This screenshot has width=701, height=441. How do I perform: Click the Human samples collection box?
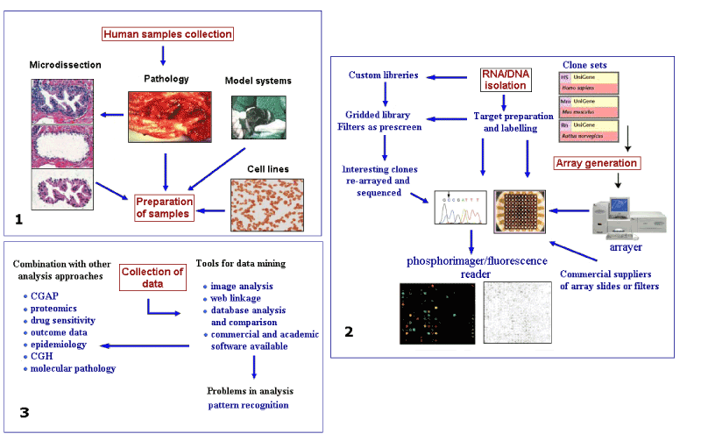pyautogui.click(x=167, y=34)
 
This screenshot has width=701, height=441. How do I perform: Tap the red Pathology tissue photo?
pyautogui.click(x=166, y=118)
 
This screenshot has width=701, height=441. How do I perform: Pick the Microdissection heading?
pyautogui.click(x=65, y=65)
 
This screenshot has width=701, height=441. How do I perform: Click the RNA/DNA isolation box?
pyautogui.click(x=504, y=80)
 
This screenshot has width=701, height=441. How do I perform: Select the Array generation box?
pyautogui.click(x=596, y=162)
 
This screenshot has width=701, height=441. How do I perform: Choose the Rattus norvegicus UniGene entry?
pyautogui.click(x=589, y=132)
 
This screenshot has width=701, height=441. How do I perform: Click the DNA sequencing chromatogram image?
pyautogui.click(x=460, y=209)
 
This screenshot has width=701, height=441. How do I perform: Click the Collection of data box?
pyautogui.click(x=152, y=277)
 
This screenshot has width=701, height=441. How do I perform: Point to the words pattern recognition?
pyautogui.click(x=248, y=405)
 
